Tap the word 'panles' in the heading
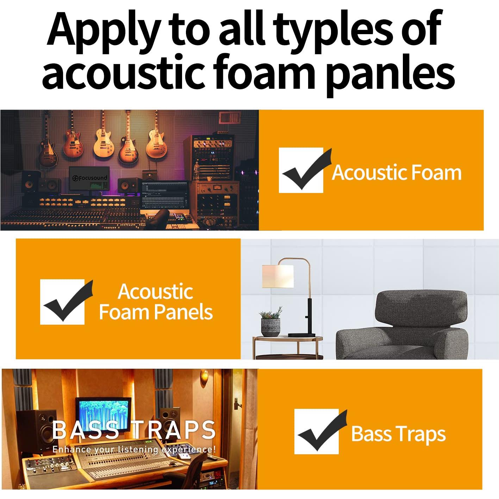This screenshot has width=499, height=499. (391, 74)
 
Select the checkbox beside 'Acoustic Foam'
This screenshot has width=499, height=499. (301, 170)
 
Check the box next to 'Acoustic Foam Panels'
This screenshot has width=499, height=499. (62, 302)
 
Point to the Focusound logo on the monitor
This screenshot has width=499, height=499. (89, 178)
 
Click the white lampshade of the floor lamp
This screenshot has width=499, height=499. (278, 276)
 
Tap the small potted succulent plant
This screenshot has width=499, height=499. (271, 322)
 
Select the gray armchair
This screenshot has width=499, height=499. (402, 325)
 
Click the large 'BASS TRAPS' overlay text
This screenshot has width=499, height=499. (133, 430)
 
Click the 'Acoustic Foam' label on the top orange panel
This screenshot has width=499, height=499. (397, 173)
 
